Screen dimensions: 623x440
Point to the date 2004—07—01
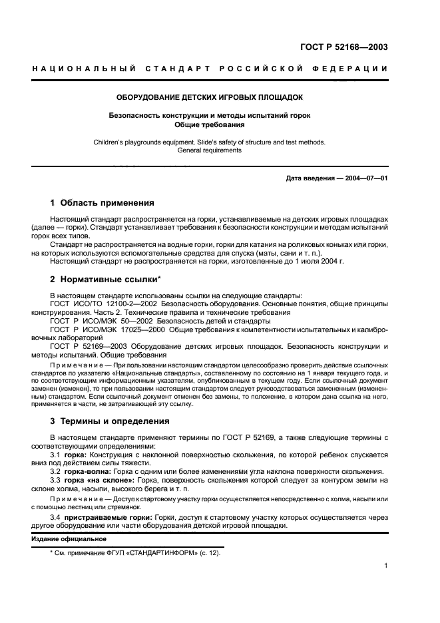click(x=365, y=178)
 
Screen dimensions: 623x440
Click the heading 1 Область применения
click(x=103, y=203)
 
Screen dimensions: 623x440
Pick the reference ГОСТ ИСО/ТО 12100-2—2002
click(x=105, y=304)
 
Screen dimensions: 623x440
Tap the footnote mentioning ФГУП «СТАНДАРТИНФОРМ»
click(x=136, y=552)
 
